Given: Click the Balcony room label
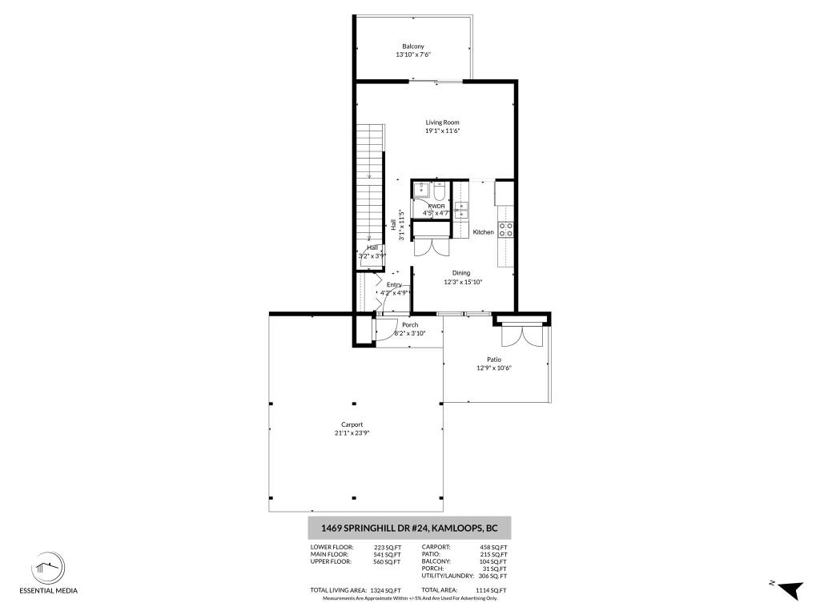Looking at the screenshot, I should coord(414,46).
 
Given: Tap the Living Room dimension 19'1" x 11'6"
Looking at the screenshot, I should coord(442,131).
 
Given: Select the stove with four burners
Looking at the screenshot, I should coord(506,229).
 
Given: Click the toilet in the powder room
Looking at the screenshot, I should coord(440,191).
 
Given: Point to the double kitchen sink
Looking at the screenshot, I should coord(463,210).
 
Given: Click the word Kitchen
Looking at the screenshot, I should coord(483,232).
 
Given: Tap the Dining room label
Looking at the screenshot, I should coord(460,273).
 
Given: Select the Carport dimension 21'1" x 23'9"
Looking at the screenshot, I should coord(352,433).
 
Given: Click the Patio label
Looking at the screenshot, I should coord(493,360).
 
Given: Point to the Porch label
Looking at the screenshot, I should coord(410,324).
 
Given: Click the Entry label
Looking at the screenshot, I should coord(394,284).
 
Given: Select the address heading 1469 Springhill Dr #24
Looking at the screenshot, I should coord(409,528).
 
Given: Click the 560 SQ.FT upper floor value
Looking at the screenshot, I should coord(386,562).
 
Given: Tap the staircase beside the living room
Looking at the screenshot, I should coord(370,192).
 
